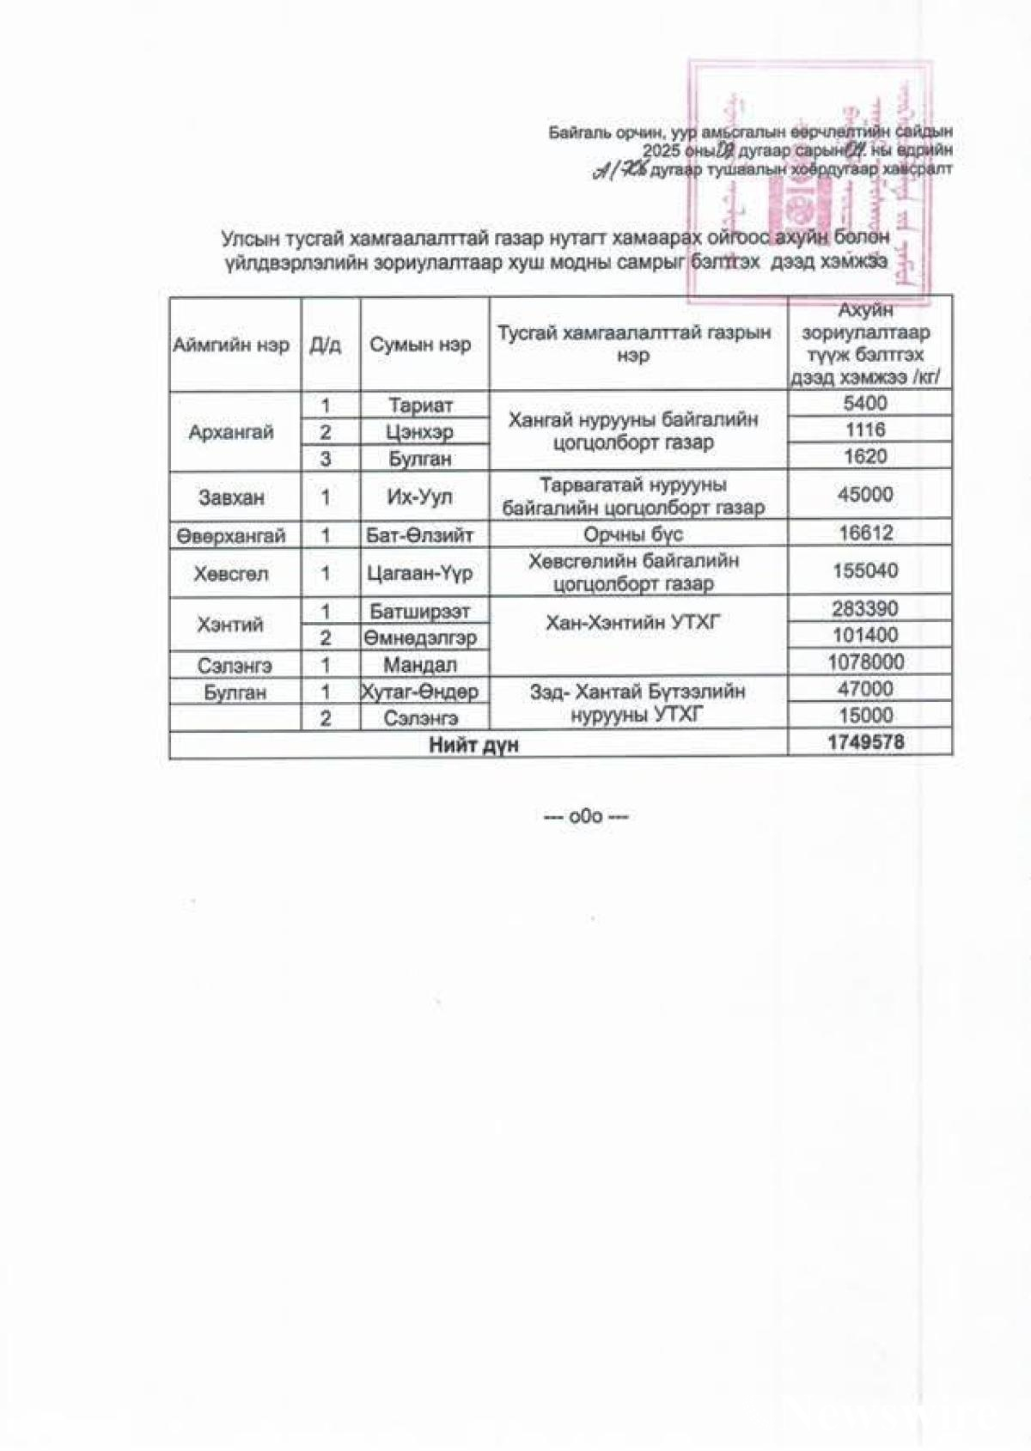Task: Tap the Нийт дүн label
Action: click(x=473, y=745)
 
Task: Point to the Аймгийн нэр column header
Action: click(x=231, y=345)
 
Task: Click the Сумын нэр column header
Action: click(x=420, y=345)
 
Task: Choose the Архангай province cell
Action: click(x=231, y=432)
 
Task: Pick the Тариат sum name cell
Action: click(x=420, y=405)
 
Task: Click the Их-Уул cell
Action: click(x=420, y=497)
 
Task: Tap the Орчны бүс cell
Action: click(x=633, y=534)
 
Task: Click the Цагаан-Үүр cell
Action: click(x=420, y=573)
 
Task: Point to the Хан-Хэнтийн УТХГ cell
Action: click(x=633, y=623)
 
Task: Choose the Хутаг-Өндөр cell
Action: click(x=420, y=692)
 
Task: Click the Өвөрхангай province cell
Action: click(x=231, y=536)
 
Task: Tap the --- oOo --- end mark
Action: click(x=586, y=816)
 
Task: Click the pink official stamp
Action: click(x=808, y=180)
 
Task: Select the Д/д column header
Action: click(x=326, y=345)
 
